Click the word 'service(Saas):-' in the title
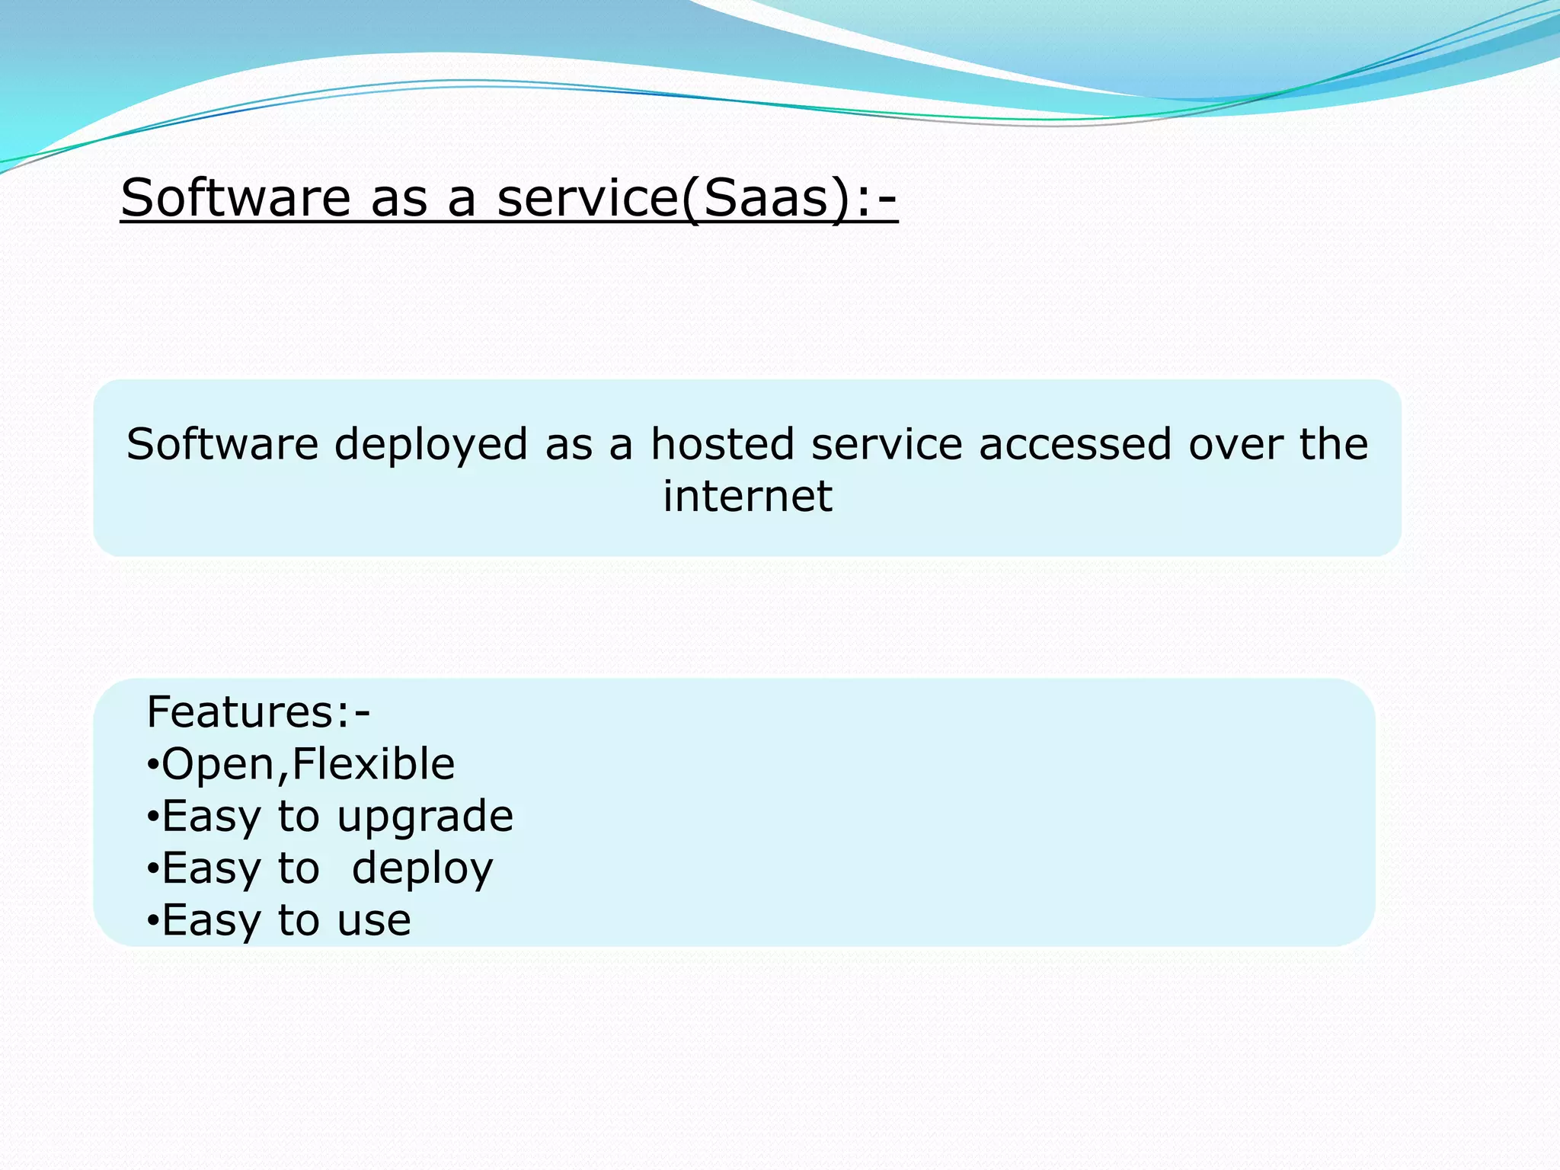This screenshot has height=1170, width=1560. (x=697, y=198)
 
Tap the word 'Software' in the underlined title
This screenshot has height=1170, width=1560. (x=235, y=198)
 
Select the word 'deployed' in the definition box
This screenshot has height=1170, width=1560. (x=431, y=445)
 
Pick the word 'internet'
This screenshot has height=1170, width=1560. (x=747, y=496)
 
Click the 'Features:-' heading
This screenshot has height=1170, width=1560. (x=258, y=712)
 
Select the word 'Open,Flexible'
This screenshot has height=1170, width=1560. (x=308, y=764)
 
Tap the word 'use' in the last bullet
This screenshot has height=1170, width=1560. (x=374, y=920)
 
